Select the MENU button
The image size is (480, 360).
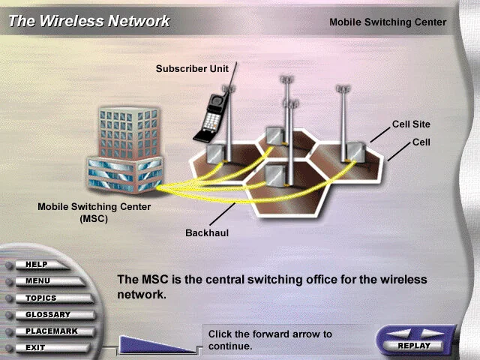coord(37,281)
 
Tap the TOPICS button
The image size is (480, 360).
coord(40,298)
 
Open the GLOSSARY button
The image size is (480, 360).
coord(47,314)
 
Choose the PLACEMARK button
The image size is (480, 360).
coord(51,331)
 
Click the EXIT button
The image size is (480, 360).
coord(35,347)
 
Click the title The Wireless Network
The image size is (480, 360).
coord(89,21)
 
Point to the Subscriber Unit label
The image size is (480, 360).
coord(192,68)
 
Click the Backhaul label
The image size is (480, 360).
coord(207,232)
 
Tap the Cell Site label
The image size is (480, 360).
coord(411,124)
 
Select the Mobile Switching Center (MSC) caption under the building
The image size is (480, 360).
coord(94,212)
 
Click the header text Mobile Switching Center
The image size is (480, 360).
coord(388,22)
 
